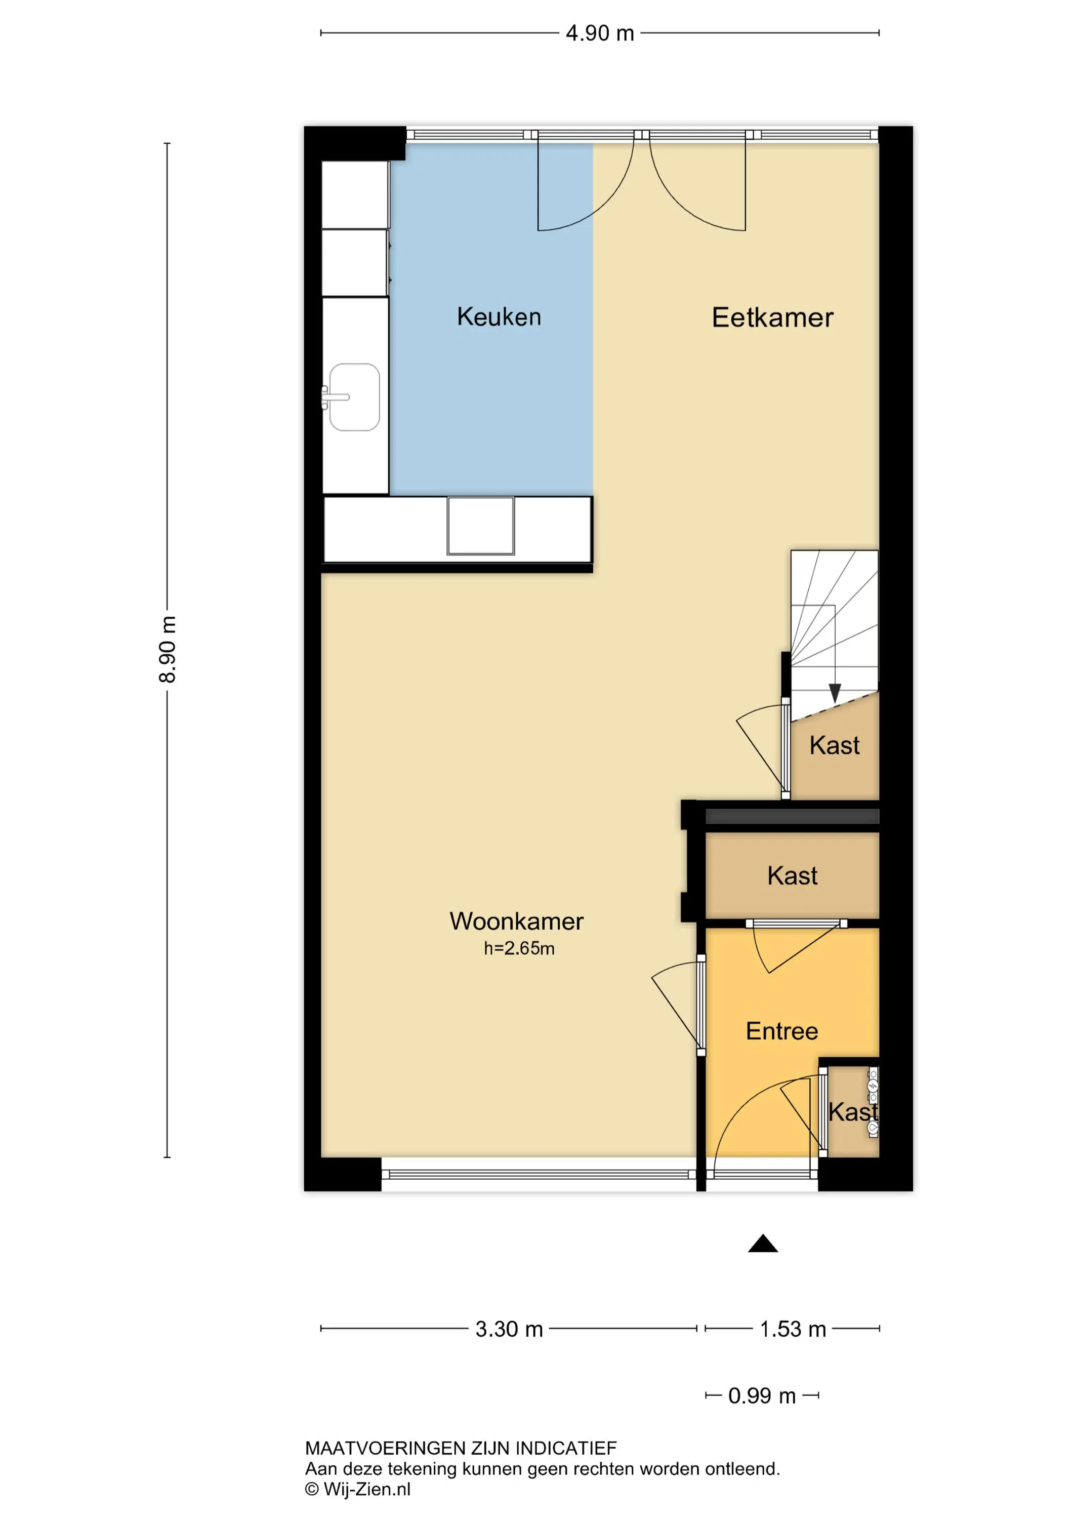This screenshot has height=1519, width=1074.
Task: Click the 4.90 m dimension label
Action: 600,33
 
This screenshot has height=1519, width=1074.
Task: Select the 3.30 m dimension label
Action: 509,1329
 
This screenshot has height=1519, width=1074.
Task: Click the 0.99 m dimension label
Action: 762,1395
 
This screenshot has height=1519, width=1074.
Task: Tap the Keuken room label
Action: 499,317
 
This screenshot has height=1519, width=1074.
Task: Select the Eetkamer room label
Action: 772,317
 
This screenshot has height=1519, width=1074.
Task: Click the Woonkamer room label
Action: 516,921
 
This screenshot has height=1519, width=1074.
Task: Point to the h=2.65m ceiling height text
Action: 519,948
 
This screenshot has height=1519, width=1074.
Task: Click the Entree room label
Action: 781,1031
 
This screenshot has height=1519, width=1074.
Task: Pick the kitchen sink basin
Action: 354,397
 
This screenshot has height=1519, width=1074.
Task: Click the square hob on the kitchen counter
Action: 481,526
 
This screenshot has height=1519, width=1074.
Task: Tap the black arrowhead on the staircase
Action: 835,693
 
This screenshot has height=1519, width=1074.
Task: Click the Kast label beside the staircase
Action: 834,746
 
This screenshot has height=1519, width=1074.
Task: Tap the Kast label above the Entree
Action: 792,876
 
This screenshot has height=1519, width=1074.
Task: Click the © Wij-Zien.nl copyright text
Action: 357,1489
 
